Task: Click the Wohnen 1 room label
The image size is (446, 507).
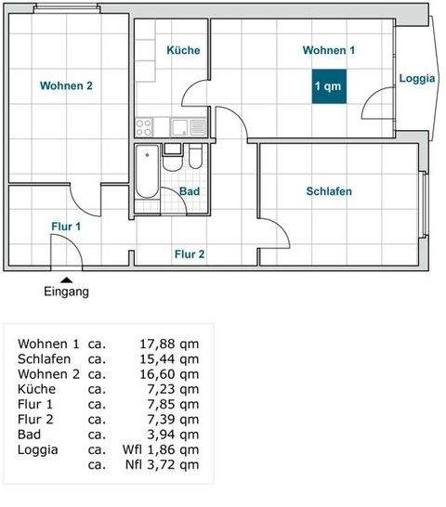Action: (x=329, y=50)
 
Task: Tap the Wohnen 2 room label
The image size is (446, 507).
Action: (x=66, y=86)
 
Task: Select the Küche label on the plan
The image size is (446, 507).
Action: (x=183, y=50)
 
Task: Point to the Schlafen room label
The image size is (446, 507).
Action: (x=329, y=192)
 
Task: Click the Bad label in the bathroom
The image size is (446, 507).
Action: (x=190, y=192)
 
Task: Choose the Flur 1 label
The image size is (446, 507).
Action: (x=66, y=226)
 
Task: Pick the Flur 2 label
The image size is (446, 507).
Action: (x=190, y=253)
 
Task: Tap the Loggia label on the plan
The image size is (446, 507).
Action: (x=417, y=79)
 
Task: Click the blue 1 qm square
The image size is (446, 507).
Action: (x=327, y=86)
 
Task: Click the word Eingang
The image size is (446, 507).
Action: (x=66, y=292)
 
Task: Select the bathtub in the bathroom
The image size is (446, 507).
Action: (x=147, y=173)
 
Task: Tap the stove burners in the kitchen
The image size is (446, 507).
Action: (x=146, y=124)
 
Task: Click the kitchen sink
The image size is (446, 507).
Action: (x=196, y=125)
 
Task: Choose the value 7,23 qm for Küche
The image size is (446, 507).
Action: (x=174, y=389)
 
